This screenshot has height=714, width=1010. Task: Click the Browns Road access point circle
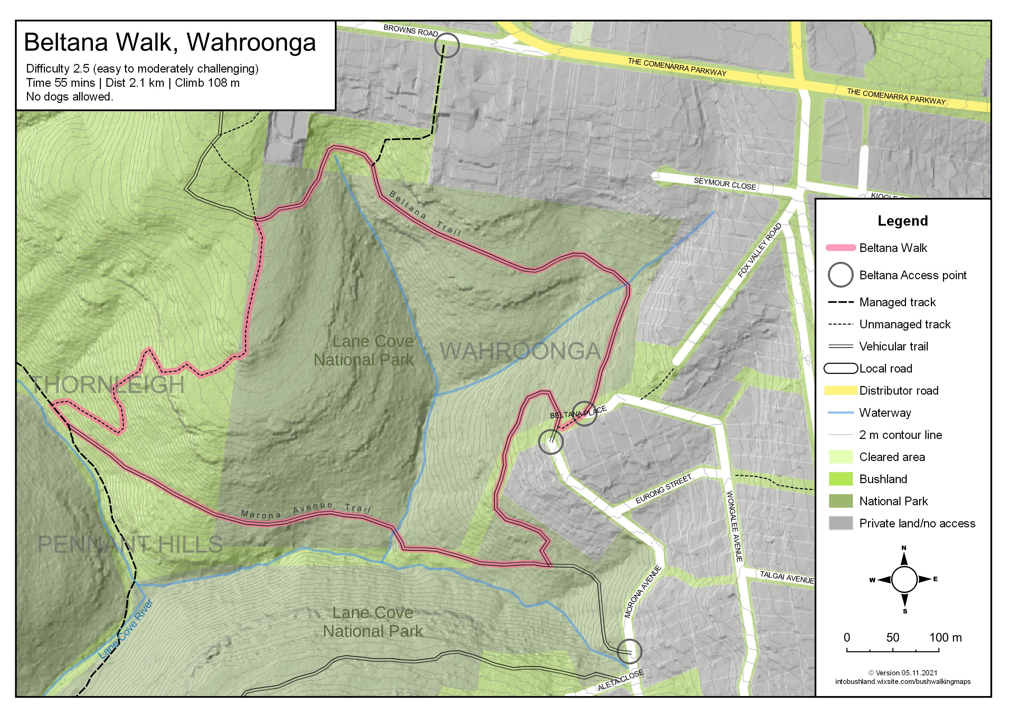click(446, 45)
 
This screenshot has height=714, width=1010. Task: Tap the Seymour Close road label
click(725, 184)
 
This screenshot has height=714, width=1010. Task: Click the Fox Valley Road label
click(760, 250)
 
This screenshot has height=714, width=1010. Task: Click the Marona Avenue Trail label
click(306, 510)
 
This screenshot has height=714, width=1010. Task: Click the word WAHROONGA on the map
click(520, 351)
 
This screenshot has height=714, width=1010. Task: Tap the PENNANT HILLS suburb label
click(130, 545)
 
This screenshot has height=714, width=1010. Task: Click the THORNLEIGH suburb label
click(108, 385)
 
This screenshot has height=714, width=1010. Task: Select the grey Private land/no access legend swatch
click(840, 524)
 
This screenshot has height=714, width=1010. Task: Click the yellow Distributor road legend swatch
click(840, 391)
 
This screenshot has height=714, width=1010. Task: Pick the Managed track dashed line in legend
click(840, 302)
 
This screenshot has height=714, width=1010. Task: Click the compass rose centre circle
click(904, 579)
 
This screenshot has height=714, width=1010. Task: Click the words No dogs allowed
click(69, 97)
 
